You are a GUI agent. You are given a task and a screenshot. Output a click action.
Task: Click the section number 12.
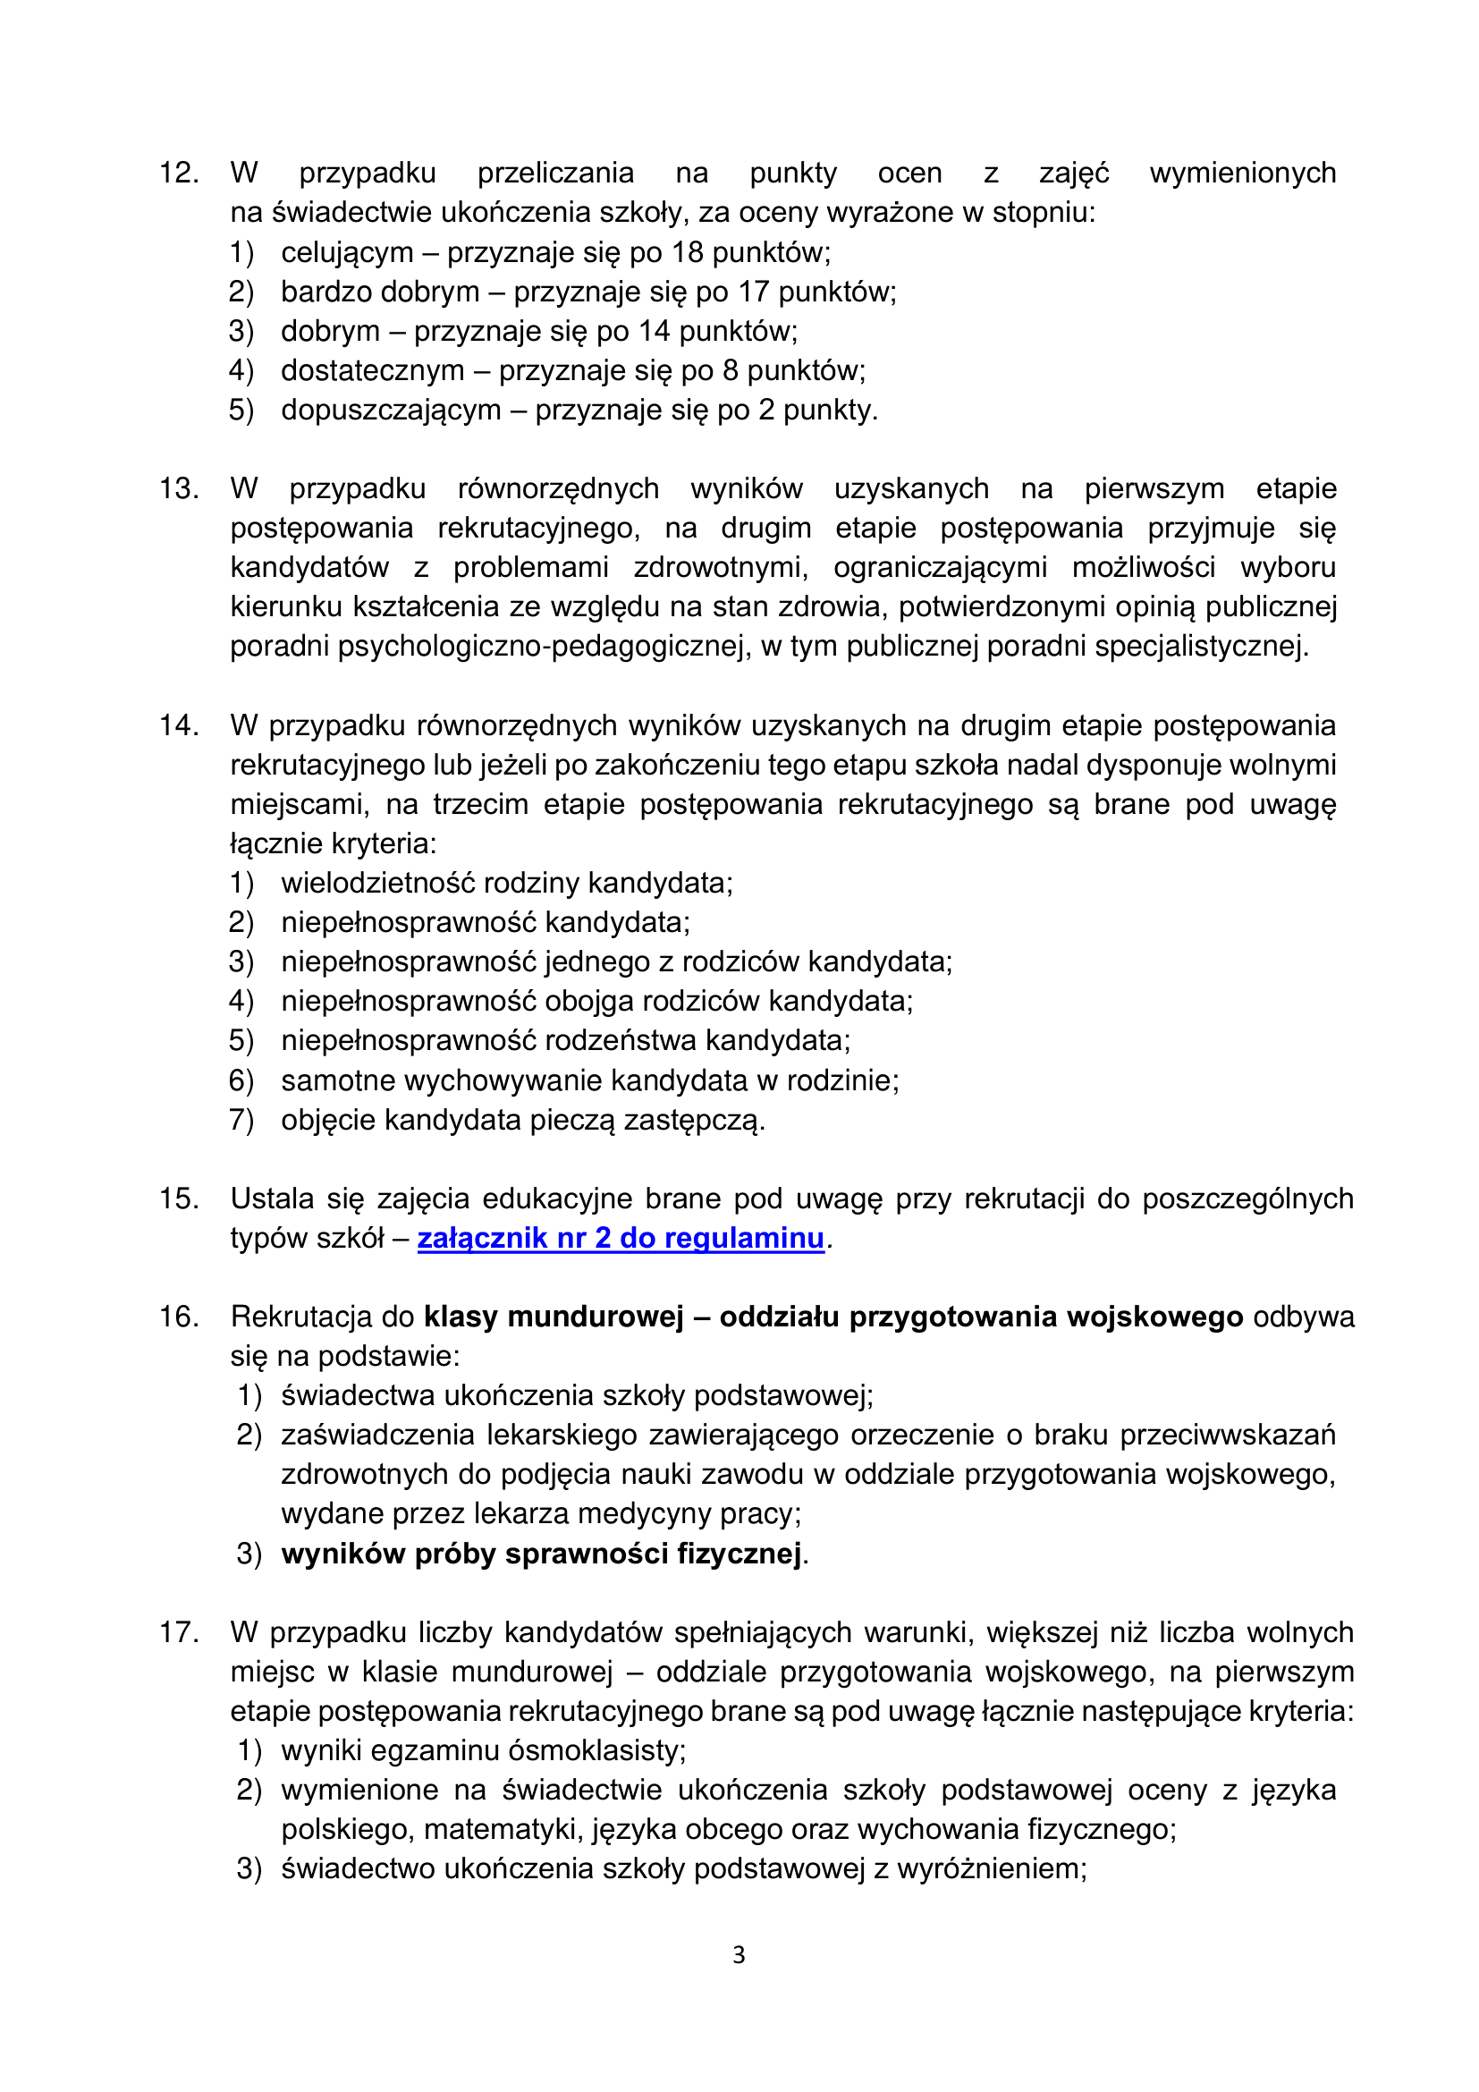(x=179, y=174)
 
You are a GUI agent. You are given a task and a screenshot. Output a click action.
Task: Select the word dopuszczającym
(x=391, y=410)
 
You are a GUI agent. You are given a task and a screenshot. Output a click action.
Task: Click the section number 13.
(x=179, y=489)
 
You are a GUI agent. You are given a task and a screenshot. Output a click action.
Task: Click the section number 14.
(x=179, y=726)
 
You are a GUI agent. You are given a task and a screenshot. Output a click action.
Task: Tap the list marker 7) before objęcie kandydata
(x=241, y=1120)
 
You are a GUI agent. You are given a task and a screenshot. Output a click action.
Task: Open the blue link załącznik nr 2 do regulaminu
(x=621, y=1238)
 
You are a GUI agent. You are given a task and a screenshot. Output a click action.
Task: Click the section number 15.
(x=179, y=1199)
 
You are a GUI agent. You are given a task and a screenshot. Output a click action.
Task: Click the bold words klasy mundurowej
(x=553, y=1317)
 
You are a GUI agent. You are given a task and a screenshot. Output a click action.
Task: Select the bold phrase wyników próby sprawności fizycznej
(x=542, y=1554)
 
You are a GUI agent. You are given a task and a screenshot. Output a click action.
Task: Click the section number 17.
(x=179, y=1633)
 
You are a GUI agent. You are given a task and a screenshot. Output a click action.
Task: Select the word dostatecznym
(x=373, y=371)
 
